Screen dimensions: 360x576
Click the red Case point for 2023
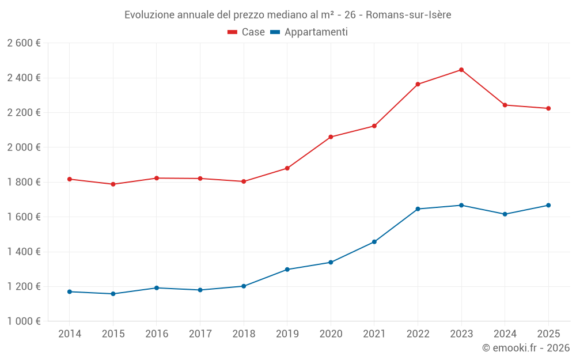pos(461,70)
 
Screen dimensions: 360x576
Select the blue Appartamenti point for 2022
pos(418,209)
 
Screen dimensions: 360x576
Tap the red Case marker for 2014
pos(70,179)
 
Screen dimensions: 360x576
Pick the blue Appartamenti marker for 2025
pos(548,205)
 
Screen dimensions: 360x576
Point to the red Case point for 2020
pos(331,137)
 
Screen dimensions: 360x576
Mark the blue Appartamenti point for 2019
pos(287,270)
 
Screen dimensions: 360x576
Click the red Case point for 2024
pos(505,105)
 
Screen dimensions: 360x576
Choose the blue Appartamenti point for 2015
pos(113,294)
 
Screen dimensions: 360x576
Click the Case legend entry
pos(247,32)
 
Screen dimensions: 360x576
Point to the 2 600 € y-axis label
pos(24,43)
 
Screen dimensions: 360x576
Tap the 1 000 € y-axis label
pos(24,321)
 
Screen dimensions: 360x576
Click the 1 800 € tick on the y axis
pos(24,183)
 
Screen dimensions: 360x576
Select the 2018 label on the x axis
pos(244,334)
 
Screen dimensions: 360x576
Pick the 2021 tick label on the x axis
pos(374,334)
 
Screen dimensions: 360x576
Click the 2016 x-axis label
pos(157,334)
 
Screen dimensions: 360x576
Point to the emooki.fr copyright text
pos(525,348)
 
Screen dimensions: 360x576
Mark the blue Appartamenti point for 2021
pos(374,242)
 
